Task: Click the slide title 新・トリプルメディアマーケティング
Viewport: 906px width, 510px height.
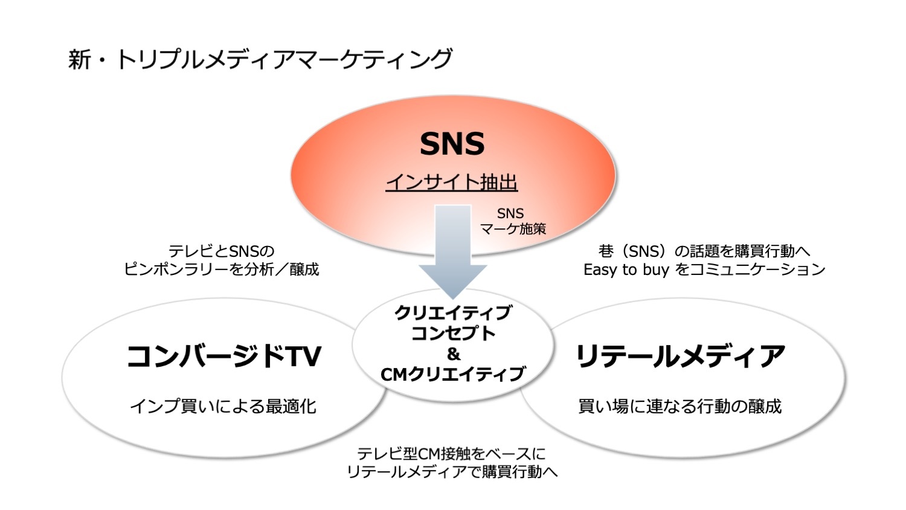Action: [260, 59]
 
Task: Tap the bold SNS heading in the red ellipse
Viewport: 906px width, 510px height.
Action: [452, 144]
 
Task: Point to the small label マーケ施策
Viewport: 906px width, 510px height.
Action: [513, 229]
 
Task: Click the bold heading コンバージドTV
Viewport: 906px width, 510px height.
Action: [223, 356]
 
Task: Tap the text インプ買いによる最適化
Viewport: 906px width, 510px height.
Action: [223, 407]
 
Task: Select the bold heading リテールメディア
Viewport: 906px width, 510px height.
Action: [680, 356]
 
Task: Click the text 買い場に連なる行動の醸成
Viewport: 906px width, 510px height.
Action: [680, 407]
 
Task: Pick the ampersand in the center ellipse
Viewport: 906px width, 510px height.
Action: [454, 354]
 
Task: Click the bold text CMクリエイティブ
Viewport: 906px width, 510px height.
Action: [452, 375]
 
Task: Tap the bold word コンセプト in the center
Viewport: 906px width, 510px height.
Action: [453, 334]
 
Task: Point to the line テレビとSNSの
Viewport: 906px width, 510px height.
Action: [221, 251]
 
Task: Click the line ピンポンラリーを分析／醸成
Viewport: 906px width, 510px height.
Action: [221, 269]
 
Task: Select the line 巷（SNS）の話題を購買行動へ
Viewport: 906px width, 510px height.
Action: [704, 251]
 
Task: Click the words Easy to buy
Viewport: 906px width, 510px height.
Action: [626, 270]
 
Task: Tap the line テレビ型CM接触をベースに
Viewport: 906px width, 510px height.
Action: [451, 454]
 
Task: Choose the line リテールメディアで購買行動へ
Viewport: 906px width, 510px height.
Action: [452, 471]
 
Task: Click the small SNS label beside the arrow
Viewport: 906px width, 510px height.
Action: [510, 213]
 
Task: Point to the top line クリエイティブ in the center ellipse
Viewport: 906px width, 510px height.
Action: [453, 313]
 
